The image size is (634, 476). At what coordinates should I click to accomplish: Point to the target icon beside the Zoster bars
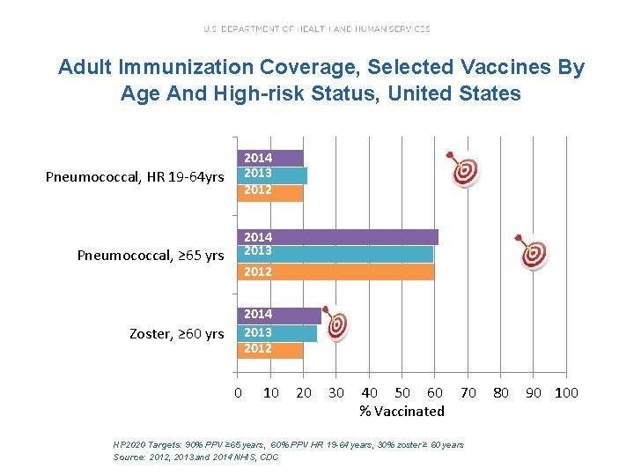coord(336,324)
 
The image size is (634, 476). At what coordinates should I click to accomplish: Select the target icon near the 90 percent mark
coord(533,252)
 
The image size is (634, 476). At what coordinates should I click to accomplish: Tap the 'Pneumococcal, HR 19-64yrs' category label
coord(135,177)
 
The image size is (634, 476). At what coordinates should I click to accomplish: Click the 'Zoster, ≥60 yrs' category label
coord(176,334)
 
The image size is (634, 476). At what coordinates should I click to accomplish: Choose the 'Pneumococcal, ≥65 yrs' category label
coord(151,256)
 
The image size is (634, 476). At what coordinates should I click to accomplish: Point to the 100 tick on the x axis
coord(566,392)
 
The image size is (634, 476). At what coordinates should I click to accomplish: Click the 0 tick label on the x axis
coord(237,392)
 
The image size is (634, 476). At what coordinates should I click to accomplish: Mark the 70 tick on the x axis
coord(468,392)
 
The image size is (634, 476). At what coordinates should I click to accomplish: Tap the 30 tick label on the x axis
coord(336,392)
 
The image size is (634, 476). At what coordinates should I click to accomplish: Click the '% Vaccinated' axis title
coord(402,411)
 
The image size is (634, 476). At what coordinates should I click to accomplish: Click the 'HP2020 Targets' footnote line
coord(288,445)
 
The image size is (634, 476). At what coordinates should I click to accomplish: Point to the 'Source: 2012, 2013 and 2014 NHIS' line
coord(195,457)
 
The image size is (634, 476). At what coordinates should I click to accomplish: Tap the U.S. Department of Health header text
coord(317,29)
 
